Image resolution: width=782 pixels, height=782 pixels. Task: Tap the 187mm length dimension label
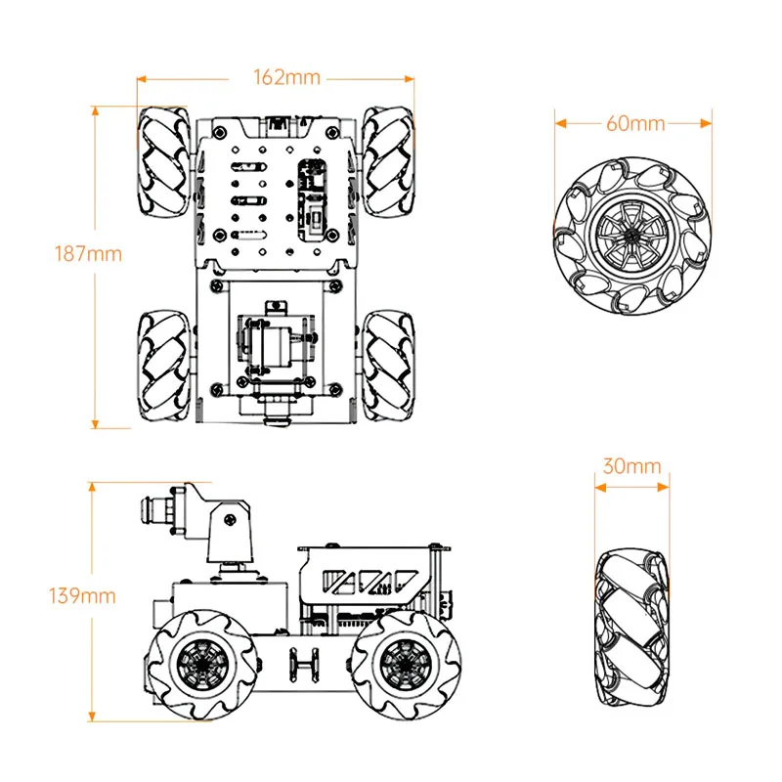tap(89, 253)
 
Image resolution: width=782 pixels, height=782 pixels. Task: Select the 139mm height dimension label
tap(83, 595)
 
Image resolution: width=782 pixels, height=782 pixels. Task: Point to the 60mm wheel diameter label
tap(634, 123)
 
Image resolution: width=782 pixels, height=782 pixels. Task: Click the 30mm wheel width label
tap(631, 466)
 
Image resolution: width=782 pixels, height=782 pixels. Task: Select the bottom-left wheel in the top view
tap(160, 367)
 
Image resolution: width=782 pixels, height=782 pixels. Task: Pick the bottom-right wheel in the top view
tap(388, 367)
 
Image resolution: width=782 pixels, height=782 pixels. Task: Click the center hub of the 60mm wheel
tap(633, 235)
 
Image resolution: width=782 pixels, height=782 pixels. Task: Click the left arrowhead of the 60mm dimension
tap(557, 123)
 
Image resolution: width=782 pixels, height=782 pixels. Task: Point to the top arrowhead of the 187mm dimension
tap(95, 108)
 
